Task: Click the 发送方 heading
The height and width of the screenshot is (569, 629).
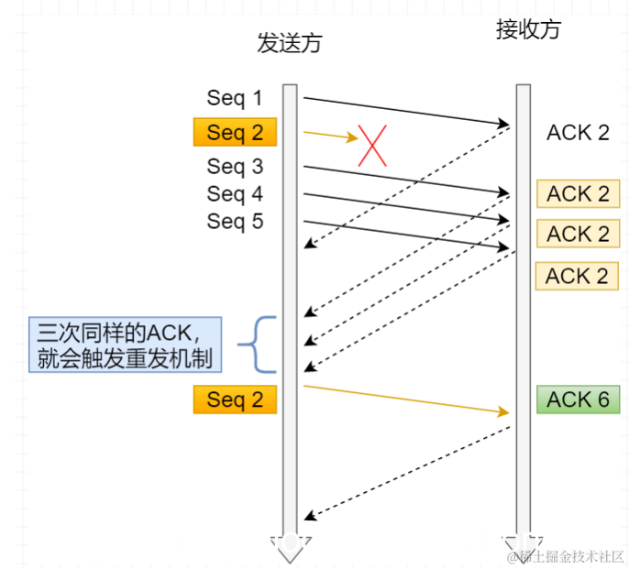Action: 290,44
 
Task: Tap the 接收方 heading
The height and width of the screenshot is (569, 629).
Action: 527,30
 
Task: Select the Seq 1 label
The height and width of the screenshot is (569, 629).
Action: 235,98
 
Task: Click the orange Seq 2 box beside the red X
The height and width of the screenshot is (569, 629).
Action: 235,133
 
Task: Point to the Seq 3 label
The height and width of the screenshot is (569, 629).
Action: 235,167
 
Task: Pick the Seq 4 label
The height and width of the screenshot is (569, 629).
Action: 235,194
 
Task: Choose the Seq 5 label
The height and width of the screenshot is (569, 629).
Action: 235,222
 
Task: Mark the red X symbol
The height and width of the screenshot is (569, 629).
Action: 373,145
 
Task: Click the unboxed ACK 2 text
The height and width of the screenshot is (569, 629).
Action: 578,133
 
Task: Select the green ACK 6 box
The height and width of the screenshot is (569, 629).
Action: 578,399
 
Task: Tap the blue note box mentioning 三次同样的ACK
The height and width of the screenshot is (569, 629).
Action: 125,345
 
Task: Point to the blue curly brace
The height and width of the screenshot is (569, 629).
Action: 259,345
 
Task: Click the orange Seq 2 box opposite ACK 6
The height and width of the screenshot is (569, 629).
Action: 235,399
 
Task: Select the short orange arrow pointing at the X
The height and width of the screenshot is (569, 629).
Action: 330,136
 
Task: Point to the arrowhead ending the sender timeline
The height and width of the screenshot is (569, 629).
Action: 290,546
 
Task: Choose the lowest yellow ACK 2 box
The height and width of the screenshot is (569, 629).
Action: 578,276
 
